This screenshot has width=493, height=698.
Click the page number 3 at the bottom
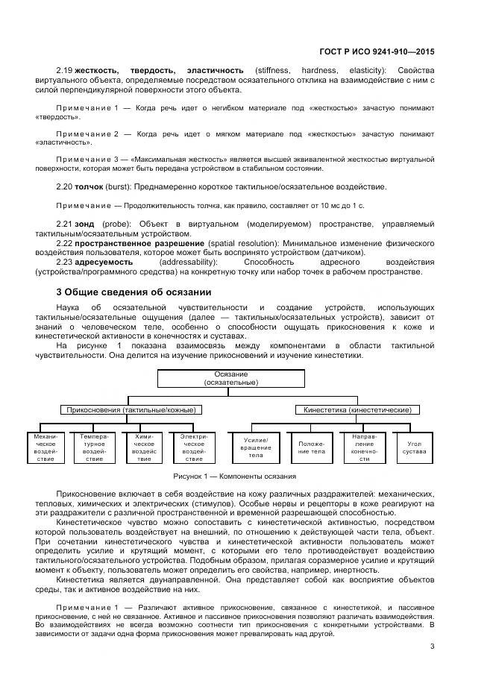(432, 646)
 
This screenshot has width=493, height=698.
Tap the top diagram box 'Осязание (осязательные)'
(231, 377)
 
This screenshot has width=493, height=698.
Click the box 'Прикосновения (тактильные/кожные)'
(131, 409)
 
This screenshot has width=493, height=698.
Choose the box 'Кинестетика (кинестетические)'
(357, 409)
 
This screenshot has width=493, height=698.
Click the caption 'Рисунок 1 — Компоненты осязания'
(234, 476)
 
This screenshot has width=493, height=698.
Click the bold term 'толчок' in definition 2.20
(90, 186)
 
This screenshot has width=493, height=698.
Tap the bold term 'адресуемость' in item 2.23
(104, 262)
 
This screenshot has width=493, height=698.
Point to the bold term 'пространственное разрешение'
(139, 243)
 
